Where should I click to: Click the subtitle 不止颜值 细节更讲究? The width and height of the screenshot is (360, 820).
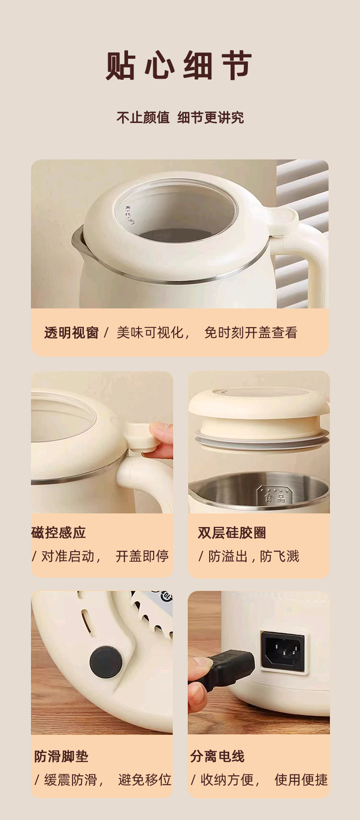[180, 118]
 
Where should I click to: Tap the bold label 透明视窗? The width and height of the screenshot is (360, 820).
[72, 333]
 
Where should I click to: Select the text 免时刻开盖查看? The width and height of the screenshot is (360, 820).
[251, 333]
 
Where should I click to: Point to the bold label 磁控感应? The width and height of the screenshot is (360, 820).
[59, 533]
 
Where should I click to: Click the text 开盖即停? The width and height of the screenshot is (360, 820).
[142, 556]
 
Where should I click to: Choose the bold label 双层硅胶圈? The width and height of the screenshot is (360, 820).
[232, 533]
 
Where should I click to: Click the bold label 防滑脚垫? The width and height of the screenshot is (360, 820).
[62, 757]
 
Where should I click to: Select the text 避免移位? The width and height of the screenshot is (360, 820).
[144, 780]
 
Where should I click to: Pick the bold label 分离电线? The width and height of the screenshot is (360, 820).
[217, 757]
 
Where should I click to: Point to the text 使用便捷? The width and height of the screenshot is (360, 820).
[301, 780]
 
